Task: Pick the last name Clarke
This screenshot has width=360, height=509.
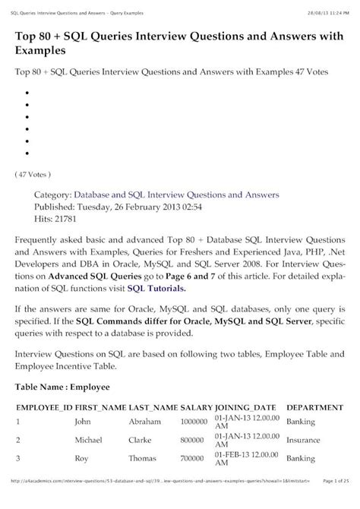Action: [x=142, y=439]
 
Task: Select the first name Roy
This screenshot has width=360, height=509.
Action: [x=81, y=459]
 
